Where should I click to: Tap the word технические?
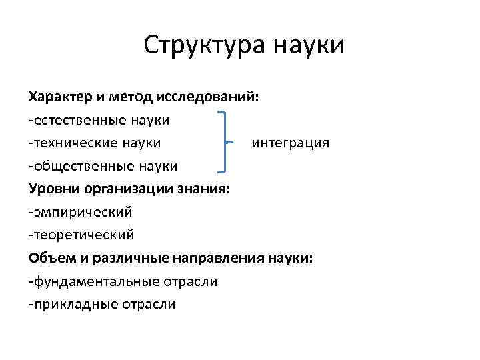pos(71,143)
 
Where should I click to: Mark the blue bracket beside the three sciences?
pos(224,143)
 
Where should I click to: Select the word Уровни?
pos(52,189)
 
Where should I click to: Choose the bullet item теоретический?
pos(81,235)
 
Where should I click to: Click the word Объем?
pos(50,258)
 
